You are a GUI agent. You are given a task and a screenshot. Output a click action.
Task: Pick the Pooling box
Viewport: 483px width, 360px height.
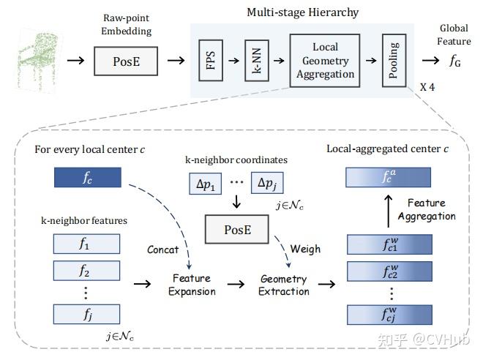(394, 59)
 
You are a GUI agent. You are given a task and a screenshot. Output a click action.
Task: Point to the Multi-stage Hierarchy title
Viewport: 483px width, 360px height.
(302, 12)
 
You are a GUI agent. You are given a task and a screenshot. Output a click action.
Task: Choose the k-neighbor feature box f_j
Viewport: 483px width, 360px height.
(86, 314)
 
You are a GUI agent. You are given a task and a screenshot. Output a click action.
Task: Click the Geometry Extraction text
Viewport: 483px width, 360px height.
(284, 285)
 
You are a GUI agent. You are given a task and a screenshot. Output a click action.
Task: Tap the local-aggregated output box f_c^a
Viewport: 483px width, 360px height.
(388, 176)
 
